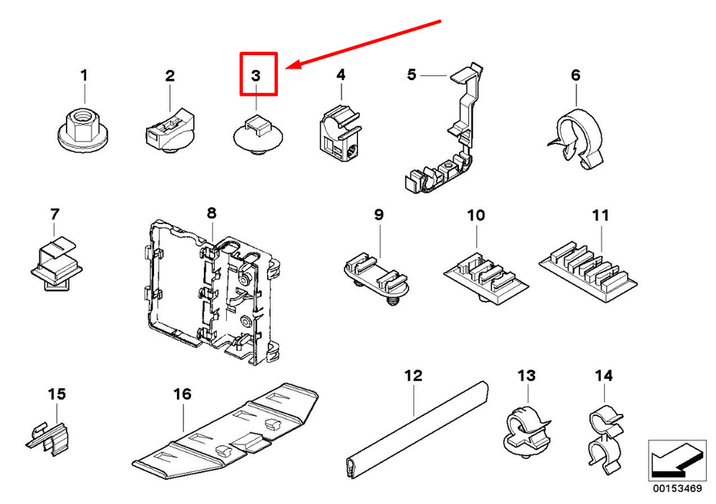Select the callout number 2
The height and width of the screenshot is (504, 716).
[x=170, y=75]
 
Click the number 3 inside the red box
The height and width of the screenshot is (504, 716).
[x=257, y=75]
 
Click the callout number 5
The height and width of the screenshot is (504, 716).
[x=411, y=74]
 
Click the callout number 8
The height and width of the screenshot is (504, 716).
[x=211, y=213]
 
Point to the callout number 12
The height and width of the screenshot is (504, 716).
[x=413, y=375]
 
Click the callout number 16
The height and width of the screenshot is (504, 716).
[x=183, y=394]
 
